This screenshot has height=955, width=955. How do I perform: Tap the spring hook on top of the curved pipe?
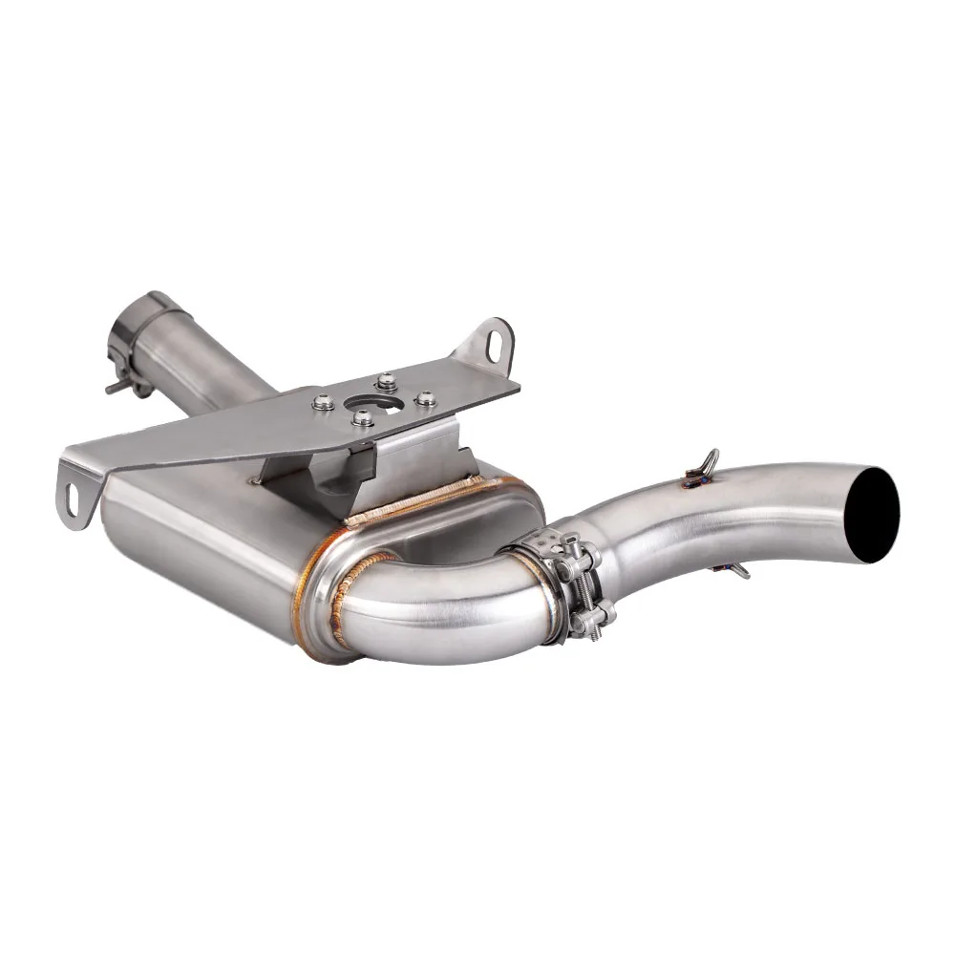point(708,465)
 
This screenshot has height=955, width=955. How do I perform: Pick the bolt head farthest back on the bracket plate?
point(386,381)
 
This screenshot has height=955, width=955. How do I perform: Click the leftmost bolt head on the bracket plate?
point(323,402)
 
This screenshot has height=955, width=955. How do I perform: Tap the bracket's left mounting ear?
point(78,487)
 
